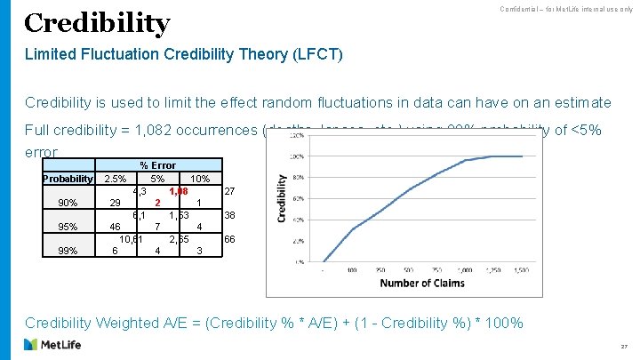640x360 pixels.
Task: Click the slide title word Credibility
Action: pyautogui.click(x=97, y=23)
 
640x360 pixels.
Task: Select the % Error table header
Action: pyautogui.click(x=157, y=165)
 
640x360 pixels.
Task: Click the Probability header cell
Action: pyautogui.click(x=68, y=179)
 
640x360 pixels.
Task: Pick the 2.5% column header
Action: pyautogui.click(x=116, y=179)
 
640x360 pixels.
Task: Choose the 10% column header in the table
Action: pyautogui.click(x=200, y=179)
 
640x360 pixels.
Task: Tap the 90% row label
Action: pyautogui.click(x=68, y=203)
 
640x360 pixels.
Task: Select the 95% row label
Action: pyautogui.click(x=68, y=227)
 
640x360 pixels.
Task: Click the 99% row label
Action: pyautogui.click(x=68, y=251)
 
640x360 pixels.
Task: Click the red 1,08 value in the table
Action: pyautogui.click(x=179, y=190)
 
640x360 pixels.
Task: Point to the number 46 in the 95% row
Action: pyautogui.click(x=116, y=227)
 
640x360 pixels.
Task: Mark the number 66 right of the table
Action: pyautogui.click(x=229, y=239)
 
